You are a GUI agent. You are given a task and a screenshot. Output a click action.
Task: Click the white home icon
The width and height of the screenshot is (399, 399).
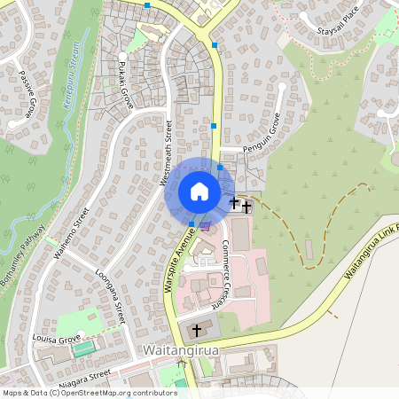point(199,192)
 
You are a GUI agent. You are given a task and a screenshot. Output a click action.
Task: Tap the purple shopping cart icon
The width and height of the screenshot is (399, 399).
point(206,225)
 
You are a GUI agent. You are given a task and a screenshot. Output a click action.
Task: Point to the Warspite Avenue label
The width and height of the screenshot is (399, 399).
point(180,257)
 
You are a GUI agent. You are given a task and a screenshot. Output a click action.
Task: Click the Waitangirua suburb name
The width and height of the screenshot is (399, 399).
point(182,352)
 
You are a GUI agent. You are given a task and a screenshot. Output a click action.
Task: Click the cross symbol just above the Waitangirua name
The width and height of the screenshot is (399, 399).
point(196,330)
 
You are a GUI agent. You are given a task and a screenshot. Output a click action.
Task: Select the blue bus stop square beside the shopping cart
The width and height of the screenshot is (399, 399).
point(192,223)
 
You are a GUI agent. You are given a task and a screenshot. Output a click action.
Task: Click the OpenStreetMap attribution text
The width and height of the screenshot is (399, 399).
point(90,392)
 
